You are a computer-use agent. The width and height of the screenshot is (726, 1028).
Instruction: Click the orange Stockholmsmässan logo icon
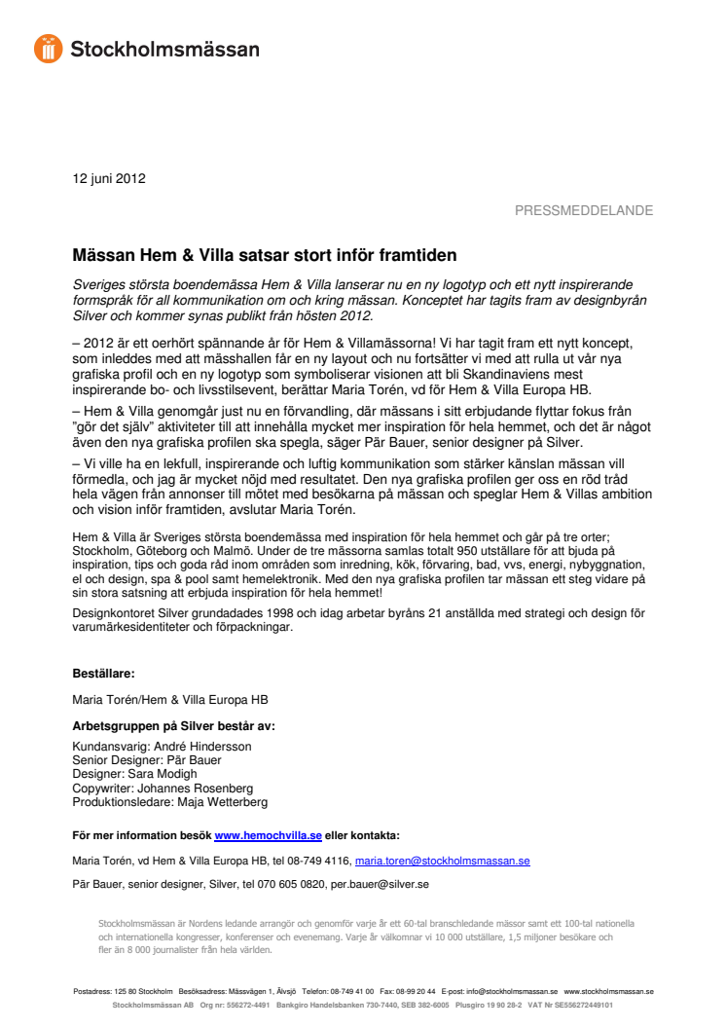[48, 48]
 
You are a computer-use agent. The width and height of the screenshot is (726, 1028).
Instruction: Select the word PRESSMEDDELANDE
[583, 210]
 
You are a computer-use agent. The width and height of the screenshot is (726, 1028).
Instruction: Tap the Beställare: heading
[104, 673]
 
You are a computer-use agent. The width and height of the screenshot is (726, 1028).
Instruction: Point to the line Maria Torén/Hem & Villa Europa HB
[170, 699]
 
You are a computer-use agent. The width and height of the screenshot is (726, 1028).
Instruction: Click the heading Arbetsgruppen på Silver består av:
[174, 725]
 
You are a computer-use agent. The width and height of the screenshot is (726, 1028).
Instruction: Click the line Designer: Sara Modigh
[135, 774]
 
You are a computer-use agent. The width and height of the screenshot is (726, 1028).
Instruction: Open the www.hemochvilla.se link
[268, 835]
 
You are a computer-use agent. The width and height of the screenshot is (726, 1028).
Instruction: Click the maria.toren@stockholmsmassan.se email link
[442, 862]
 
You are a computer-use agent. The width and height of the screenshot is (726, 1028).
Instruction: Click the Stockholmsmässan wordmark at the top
[164, 49]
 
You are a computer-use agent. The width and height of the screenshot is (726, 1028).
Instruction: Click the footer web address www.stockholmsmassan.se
[608, 992]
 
